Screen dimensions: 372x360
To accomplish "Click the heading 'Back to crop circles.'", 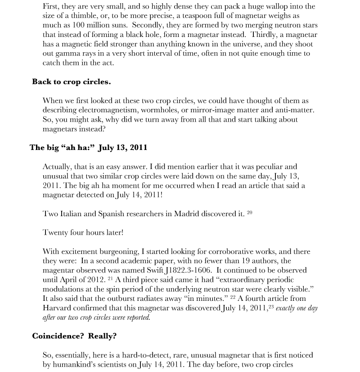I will pyautogui.click(x=71, y=82).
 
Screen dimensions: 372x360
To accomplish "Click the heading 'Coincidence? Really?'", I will pyautogui.click(x=74, y=336).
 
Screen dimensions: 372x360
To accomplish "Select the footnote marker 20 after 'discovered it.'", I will pyautogui.click(x=249, y=212).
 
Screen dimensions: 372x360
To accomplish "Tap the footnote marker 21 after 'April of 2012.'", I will pyautogui.click(x=111, y=278).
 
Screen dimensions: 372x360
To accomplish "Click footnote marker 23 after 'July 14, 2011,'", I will pyautogui.click(x=271, y=307).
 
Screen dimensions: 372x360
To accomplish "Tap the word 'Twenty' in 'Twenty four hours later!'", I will pyautogui.click(x=55, y=233).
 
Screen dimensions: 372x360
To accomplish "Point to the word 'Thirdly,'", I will pyautogui.click(x=265, y=35).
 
